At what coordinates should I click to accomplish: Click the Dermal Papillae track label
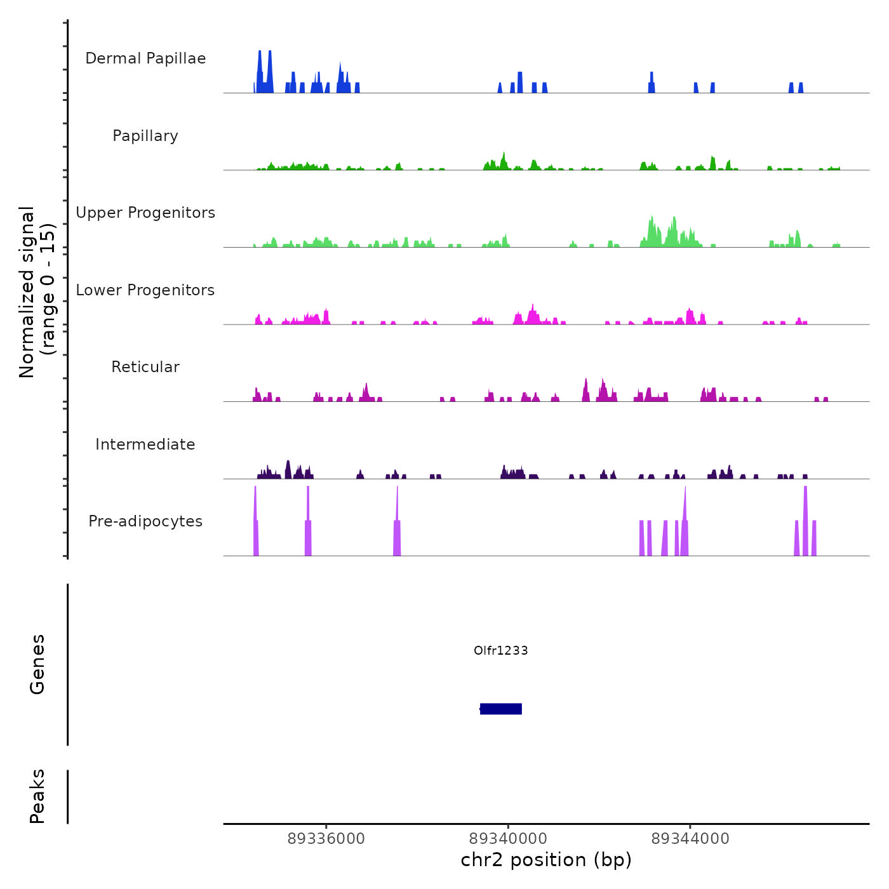[x=145, y=58]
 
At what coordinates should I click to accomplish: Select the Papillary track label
[x=145, y=136]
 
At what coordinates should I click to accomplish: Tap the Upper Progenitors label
[x=145, y=213]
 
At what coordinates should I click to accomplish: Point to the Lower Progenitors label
[x=145, y=290]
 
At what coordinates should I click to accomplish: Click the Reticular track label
[x=145, y=367]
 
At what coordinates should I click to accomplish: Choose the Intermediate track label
[x=145, y=444]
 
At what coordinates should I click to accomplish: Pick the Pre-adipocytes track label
[x=145, y=521]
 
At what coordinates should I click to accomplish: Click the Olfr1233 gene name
[x=501, y=650]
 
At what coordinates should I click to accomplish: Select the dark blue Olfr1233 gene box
[x=501, y=709]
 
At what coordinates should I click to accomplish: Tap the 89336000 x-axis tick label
[x=326, y=839]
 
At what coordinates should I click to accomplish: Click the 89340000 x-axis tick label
[x=509, y=839]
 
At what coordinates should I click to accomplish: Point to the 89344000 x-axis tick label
[x=690, y=839]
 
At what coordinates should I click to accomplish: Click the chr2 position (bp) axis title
[x=546, y=860]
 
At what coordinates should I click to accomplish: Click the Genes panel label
[x=37, y=664]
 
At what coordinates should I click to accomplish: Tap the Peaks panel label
[x=37, y=796]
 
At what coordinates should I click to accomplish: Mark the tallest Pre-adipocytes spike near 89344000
[x=685, y=521]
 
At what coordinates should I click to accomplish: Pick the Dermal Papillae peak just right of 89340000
[x=520, y=83]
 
